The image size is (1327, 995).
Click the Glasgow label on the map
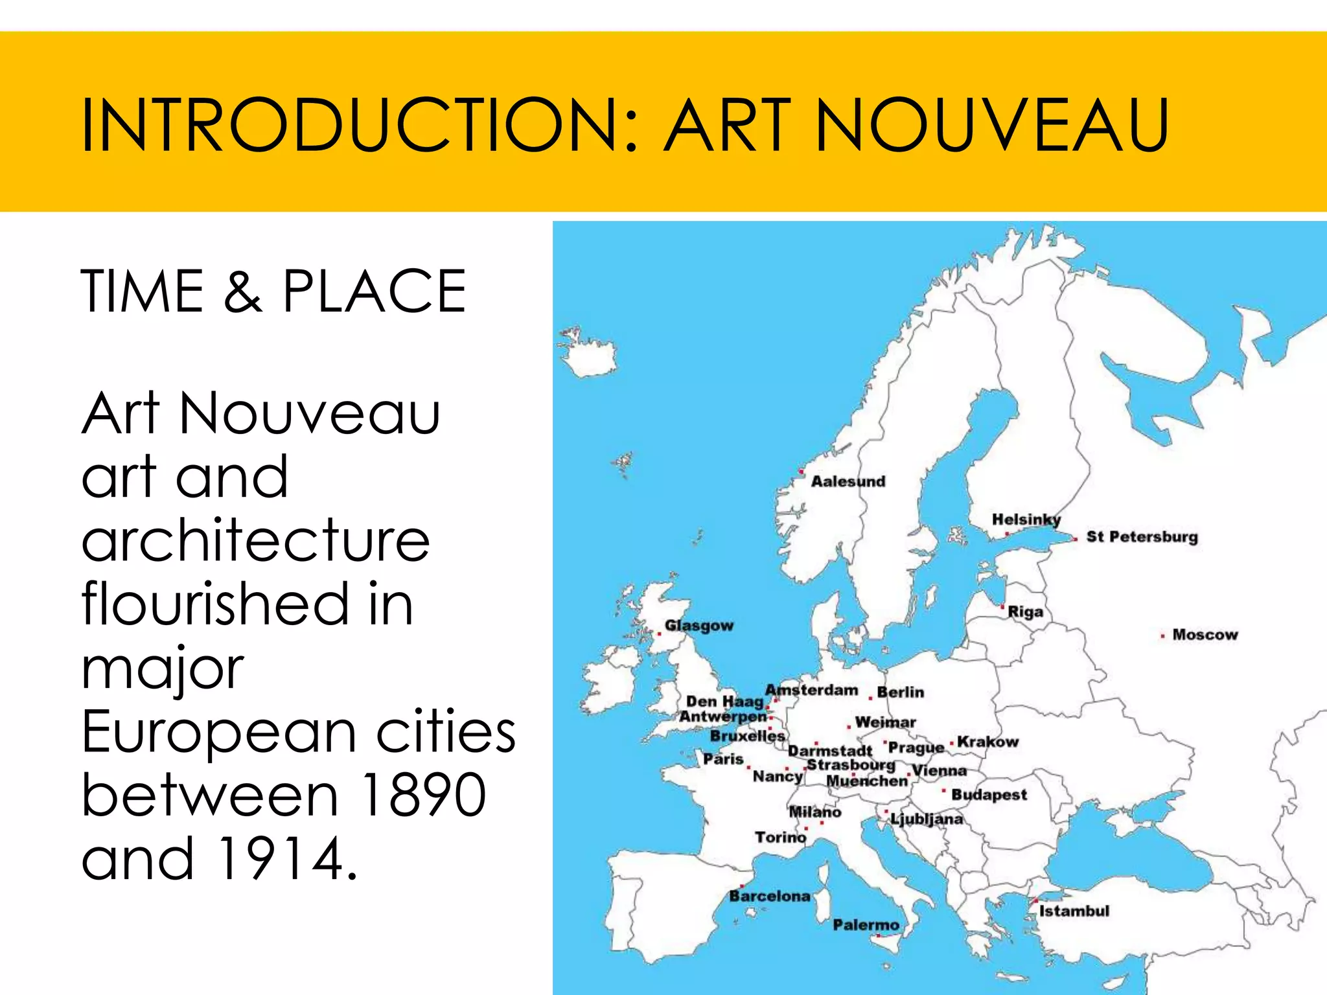click(699, 626)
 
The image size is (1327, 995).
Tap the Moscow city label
click(1205, 635)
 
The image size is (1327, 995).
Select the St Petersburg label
click(1142, 537)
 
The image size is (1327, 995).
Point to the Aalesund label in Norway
click(848, 481)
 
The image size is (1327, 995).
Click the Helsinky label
click(1026, 520)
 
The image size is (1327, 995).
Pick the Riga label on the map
click(1026, 612)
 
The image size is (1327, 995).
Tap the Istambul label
click(1074, 911)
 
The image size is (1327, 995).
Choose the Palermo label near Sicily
click(866, 925)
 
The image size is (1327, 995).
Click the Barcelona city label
click(770, 897)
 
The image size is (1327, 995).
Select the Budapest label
click(989, 795)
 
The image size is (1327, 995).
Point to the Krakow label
click(987, 742)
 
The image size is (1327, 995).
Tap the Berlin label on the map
click(900, 692)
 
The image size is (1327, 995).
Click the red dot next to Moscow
click(1162, 636)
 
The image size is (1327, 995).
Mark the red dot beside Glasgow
click(660, 634)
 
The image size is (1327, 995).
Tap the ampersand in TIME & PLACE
click(243, 292)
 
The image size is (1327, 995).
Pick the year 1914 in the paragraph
click(279, 858)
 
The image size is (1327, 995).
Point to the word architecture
click(256, 540)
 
